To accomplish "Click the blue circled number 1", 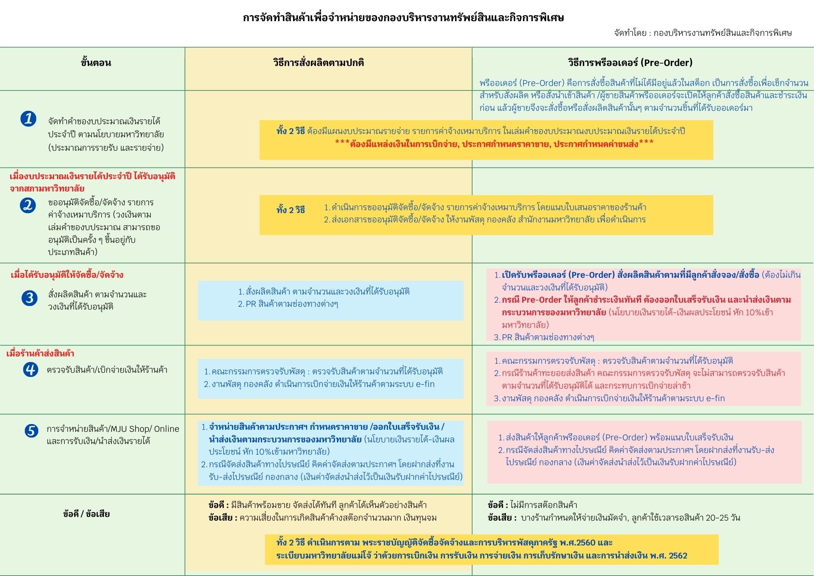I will click(28, 119).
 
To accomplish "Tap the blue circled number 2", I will click(28, 205).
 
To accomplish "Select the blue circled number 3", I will click(29, 298).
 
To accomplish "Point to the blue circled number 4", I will click(30, 370).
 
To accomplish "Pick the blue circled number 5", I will click(31, 431).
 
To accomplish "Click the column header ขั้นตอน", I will click(96, 63).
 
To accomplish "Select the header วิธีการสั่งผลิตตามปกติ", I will click(318, 63).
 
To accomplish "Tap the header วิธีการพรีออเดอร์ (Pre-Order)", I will click(630, 63).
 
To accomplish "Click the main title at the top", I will click(403, 18).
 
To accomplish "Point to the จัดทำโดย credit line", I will click(703, 33).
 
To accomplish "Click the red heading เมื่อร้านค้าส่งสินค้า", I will click(40, 353).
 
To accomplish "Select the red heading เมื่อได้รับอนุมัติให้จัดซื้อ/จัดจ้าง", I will click(67, 275).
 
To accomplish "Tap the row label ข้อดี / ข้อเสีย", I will click(86, 514).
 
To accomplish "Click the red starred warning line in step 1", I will click(494, 143).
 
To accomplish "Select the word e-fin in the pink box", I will click(715, 398).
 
